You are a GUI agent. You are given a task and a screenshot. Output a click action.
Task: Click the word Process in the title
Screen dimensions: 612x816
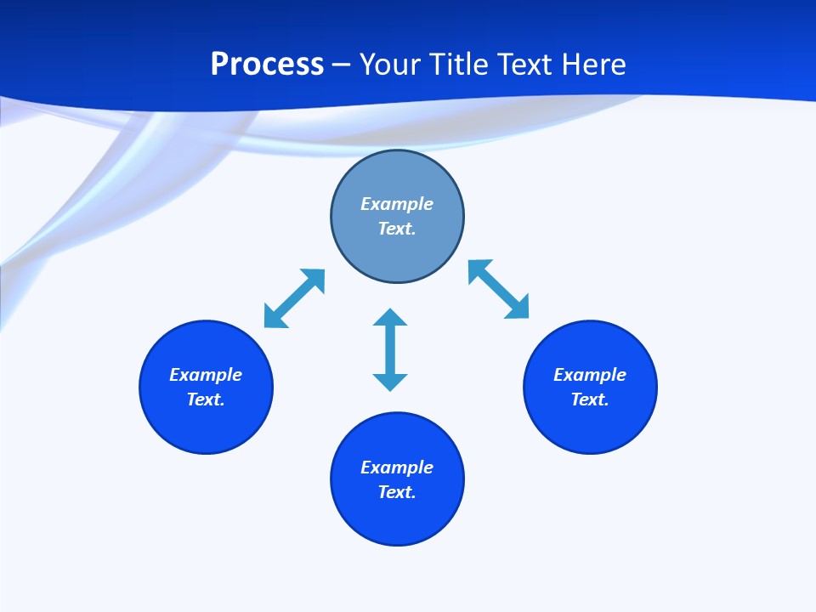(x=267, y=65)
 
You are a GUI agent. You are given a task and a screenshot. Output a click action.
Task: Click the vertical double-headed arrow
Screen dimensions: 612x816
(x=390, y=349)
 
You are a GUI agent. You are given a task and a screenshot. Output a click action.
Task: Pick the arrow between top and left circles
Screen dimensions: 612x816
(x=294, y=298)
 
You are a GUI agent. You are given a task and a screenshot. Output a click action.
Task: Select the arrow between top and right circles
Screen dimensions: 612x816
(x=499, y=290)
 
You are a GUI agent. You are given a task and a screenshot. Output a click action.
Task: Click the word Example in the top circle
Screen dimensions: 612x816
(x=397, y=204)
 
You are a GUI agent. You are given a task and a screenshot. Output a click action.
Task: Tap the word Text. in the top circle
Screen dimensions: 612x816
(x=397, y=229)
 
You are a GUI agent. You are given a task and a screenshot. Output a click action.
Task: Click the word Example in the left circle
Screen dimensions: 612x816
(x=206, y=375)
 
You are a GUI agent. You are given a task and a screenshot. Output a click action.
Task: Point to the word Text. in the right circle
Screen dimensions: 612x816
(x=590, y=399)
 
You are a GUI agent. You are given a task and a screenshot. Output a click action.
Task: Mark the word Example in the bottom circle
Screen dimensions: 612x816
(x=397, y=467)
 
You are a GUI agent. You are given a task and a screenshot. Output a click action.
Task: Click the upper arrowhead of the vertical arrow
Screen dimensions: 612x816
(x=390, y=319)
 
